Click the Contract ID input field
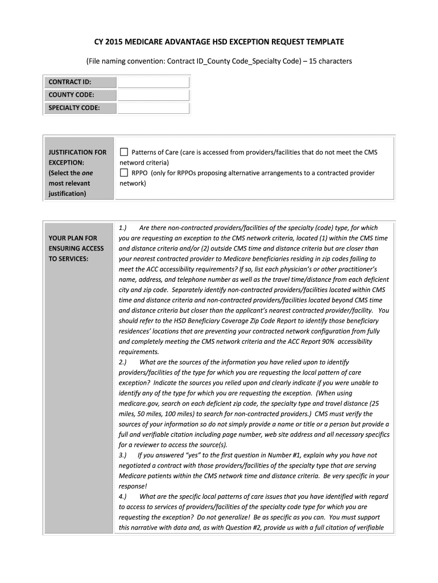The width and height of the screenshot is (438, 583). click(153, 81)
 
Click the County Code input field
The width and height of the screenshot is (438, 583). click(153, 95)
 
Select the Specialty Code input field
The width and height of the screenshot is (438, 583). click(153, 108)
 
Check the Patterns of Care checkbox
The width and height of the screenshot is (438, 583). click(124, 152)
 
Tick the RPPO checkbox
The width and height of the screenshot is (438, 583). click(124, 173)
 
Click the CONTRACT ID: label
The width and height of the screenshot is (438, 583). click(70, 81)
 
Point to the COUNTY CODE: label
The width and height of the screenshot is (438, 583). click(72, 95)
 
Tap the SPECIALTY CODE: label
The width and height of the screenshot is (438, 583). click(75, 108)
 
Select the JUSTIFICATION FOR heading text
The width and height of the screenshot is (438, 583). click(77, 153)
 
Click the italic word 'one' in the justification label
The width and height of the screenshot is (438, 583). click(88, 173)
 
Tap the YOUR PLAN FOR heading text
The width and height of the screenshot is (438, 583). click(73, 238)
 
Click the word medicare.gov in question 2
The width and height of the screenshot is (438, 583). click(139, 404)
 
